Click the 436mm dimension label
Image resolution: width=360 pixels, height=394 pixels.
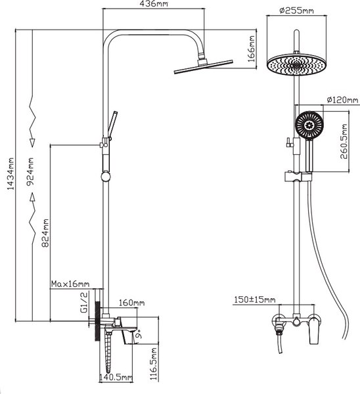[153, 4]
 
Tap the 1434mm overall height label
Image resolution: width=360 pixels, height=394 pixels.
[11, 174]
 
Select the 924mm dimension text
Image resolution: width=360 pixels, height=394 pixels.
[30, 171]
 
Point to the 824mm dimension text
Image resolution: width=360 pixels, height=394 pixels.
[45, 233]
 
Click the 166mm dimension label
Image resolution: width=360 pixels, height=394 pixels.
[251, 49]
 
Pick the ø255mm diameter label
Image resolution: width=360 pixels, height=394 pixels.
[297, 11]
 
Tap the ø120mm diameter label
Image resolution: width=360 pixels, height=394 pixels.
[342, 100]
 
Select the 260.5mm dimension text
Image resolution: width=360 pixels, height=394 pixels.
[344, 141]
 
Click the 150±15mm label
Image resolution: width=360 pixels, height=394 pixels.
[255, 299]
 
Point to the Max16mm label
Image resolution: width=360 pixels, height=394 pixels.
[70, 284]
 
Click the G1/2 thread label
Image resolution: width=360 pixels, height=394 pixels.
[84, 302]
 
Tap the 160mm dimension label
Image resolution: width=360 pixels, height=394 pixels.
[132, 303]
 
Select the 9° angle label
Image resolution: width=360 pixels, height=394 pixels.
[138, 336]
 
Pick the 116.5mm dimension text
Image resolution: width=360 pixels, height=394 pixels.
[154, 364]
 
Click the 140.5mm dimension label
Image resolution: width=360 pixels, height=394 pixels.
[116, 377]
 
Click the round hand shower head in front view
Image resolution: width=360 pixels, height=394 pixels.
[309, 125]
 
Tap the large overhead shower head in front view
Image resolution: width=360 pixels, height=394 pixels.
[297, 64]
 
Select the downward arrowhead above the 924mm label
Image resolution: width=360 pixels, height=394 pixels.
[32, 142]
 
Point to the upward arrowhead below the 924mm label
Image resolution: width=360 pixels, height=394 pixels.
[32, 197]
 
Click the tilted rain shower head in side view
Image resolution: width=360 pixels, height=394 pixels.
[204, 66]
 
